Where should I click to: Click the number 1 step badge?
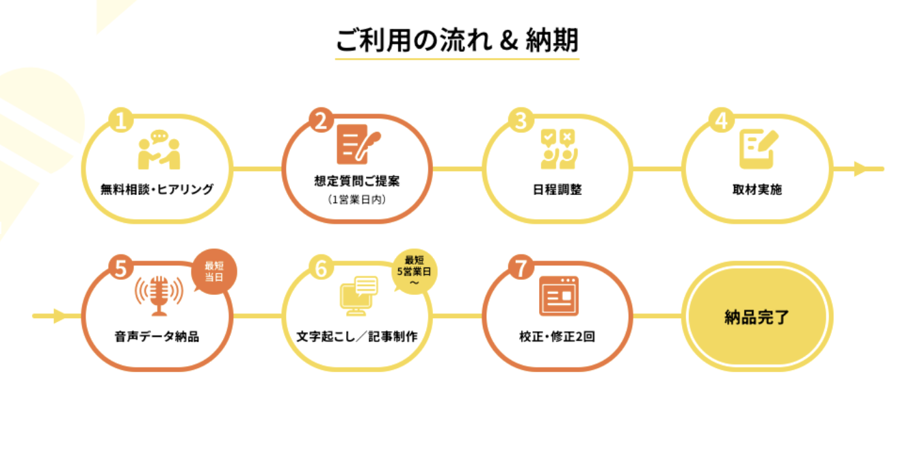click(x=120, y=122)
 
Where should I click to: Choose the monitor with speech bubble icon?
click(x=358, y=296)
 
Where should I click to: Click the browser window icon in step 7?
click(x=558, y=296)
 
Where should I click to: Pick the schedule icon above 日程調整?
click(x=558, y=148)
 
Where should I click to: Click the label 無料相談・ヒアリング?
click(x=157, y=190)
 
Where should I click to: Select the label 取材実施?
click(x=757, y=190)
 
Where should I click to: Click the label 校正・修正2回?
click(x=557, y=337)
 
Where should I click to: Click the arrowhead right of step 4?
click(x=861, y=168)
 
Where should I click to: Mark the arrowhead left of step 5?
click(x=59, y=316)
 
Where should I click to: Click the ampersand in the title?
click(x=507, y=40)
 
